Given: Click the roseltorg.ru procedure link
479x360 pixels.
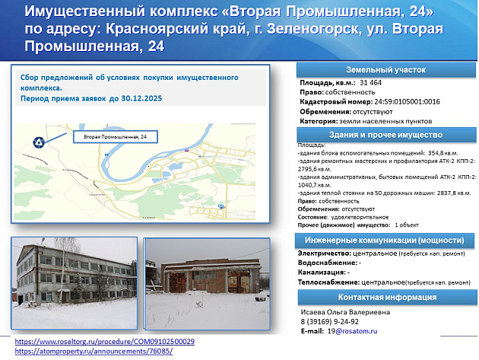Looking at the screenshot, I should (105, 342).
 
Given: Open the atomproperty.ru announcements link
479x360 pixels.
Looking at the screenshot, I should (94, 351).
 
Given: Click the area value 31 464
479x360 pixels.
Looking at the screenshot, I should (372, 81).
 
